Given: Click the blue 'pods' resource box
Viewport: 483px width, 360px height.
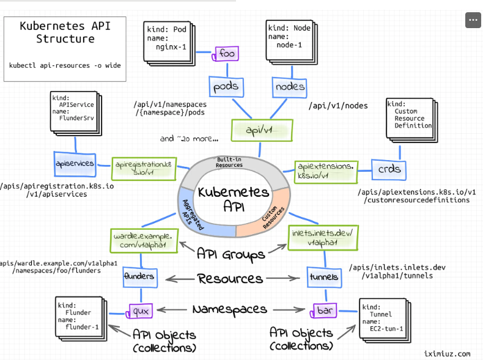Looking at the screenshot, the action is click(226, 87).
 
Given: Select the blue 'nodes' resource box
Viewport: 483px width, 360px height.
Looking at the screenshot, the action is click(290, 87).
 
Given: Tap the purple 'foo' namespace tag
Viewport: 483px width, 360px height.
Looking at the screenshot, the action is click(226, 54).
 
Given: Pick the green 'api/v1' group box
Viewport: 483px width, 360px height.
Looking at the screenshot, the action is click(262, 131).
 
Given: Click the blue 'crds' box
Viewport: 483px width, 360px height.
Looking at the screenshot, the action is click(389, 169).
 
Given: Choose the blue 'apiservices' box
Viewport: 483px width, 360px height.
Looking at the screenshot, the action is click(75, 164).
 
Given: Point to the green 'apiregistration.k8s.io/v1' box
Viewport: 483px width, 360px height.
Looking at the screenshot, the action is click(144, 169).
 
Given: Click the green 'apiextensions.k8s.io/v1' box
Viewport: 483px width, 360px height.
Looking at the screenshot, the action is click(326, 172).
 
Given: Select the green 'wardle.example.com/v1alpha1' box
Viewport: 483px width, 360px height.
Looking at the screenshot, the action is click(144, 241).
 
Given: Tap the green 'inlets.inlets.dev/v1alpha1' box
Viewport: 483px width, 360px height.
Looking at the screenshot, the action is click(323, 237).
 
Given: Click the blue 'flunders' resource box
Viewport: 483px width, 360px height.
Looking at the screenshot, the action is click(140, 277).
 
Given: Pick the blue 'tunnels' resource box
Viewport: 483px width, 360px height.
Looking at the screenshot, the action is click(324, 277).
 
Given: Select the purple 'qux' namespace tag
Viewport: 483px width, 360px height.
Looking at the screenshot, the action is click(139, 311).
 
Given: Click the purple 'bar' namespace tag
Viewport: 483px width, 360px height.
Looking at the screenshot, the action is click(324, 310).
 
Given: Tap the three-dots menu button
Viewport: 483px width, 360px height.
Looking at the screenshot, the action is click(473, 20).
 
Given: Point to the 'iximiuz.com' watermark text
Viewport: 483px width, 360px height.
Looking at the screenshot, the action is click(447, 353).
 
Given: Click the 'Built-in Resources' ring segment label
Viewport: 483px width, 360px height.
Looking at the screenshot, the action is click(229, 163).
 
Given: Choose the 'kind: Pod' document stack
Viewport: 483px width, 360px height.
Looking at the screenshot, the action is click(169, 43).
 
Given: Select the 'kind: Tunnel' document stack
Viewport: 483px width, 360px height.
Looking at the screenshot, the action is click(385, 320).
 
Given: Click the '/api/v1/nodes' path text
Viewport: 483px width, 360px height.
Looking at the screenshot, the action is click(338, 106).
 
